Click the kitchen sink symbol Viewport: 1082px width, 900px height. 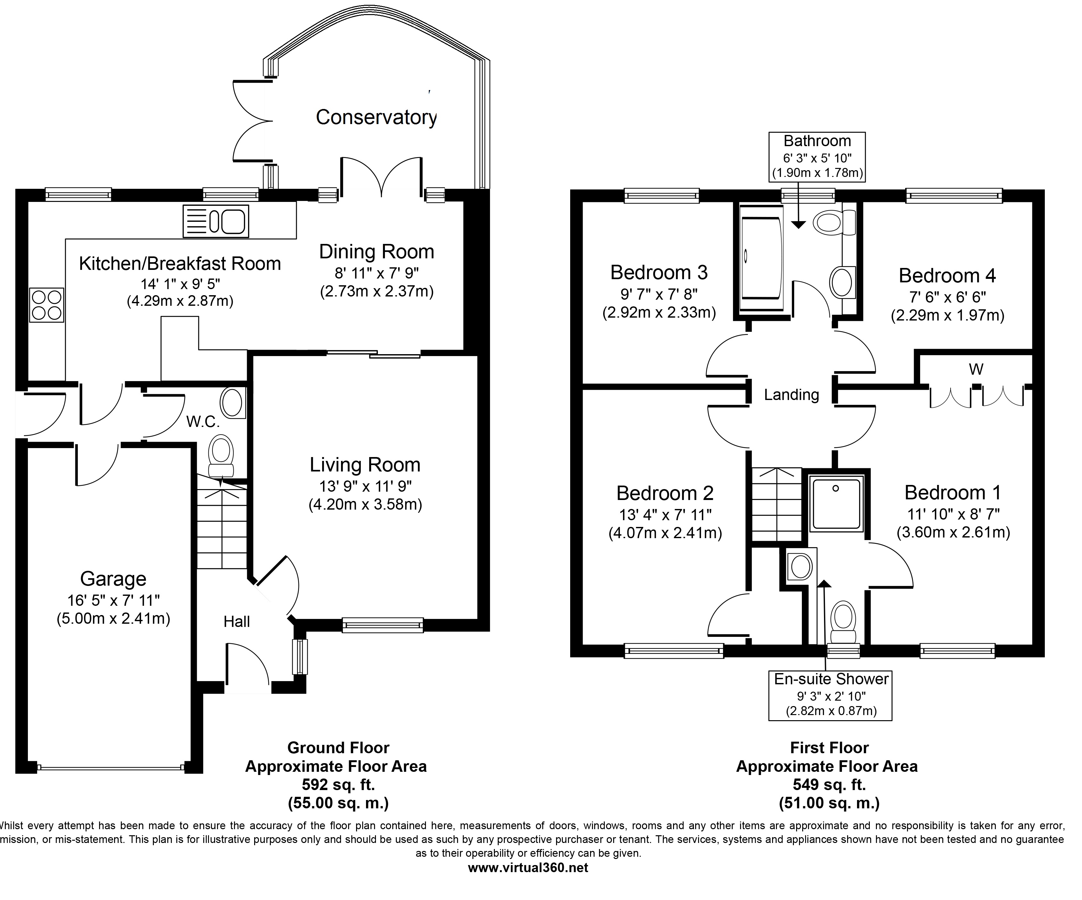[216, 221]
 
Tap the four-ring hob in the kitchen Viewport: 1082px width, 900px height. [46, 305]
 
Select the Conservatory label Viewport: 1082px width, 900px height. [376, 117]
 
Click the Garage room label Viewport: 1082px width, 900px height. [113, 579]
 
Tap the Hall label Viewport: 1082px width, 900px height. [237, 622]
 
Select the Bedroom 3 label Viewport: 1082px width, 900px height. [659, 272]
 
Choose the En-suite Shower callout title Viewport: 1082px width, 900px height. [831, 679]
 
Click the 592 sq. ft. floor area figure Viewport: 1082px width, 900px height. [338, 785]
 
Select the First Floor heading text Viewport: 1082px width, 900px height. [829, 747]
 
